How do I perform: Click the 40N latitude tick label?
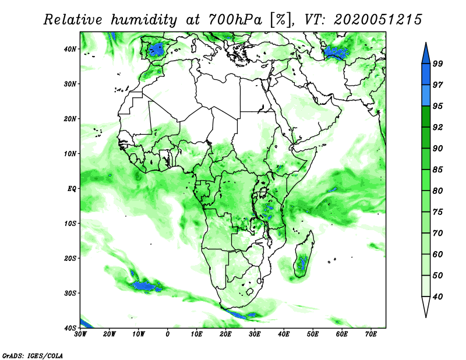click(x=69, y=49)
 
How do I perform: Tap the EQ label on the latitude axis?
click(x=72, y=189)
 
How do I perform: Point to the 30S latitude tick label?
click(x=70, y=293)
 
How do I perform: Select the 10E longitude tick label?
click(x=196, y=334)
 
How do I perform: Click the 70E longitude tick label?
click(x=371, y=334)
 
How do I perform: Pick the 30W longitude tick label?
click(x=80, y=334)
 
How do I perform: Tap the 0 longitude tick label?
click(x=168, y=334)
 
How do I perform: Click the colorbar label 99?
click(x=437, y=63)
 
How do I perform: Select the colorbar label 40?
click(x=437, y=297)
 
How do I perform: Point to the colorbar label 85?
click(x=437, y=170)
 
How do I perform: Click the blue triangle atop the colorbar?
click(x=426, y=54)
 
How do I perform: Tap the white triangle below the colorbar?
click(x=426, y=307)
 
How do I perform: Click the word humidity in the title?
click(x=144, y=20)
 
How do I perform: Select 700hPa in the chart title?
click(x=235, y=20)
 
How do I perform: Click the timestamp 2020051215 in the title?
click(x=377, y=20)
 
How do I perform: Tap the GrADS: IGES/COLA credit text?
click(x=33, y=355)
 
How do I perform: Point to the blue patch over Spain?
click(x=157, y=49)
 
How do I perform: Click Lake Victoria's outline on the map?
click(x=263, y=192)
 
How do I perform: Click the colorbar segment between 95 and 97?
click(x=426, y=96)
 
